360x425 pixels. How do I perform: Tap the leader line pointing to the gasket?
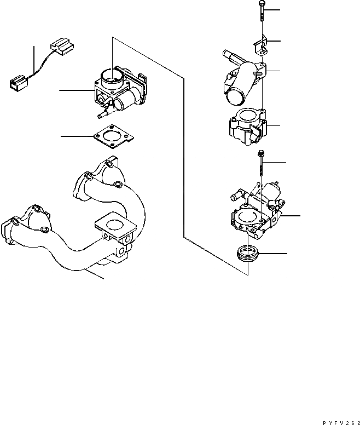[77, 135]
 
